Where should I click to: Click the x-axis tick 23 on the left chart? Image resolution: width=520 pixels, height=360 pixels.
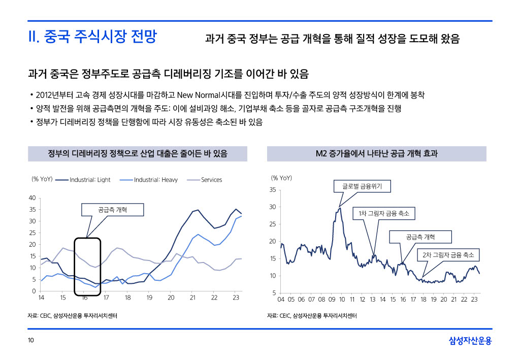click(x=236, y=298)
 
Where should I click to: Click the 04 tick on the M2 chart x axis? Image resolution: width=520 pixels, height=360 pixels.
click(x=281, y=300)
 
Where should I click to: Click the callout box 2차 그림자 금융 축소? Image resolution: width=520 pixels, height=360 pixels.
click(x=448, y=254)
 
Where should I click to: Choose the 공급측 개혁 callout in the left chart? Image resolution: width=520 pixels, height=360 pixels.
click(x=113, y=210)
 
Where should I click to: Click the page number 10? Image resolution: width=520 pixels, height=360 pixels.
click(x=31, y=341)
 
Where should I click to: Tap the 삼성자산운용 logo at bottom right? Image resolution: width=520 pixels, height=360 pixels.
click(x=471, y=341)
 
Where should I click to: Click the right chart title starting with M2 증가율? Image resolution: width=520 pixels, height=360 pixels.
click(x=376, y=153)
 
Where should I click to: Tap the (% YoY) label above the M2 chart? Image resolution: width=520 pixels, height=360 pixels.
click(x=281, y=178)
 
